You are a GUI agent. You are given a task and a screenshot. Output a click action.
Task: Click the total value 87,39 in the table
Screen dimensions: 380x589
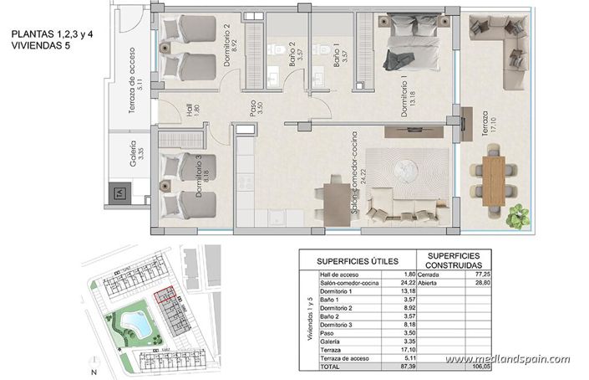pos(407,366)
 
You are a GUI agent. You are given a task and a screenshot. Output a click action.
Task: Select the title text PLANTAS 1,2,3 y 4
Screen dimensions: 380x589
pos(52,35)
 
